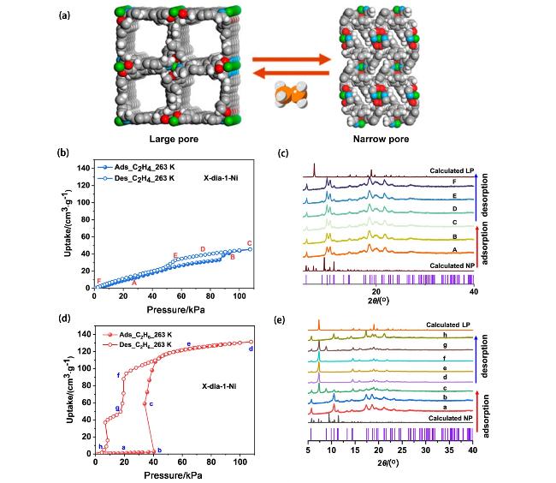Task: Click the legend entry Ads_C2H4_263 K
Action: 141,167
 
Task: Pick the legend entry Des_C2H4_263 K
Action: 141,177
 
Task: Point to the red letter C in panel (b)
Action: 249,243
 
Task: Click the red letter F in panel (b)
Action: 99,281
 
